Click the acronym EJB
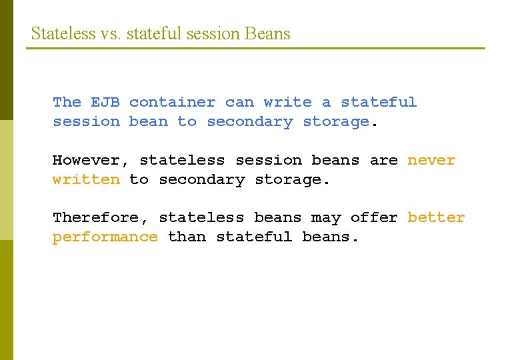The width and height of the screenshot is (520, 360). tap(105, 103)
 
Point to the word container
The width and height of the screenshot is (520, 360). tap(172, 103)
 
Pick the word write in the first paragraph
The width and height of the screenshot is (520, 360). tap(287, 103)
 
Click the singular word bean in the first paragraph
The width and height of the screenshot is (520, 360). tap(149, 122)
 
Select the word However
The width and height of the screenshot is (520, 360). tap(91, 161)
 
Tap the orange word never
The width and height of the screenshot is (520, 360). tap(431, 161)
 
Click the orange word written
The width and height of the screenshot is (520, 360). tap(86, 180)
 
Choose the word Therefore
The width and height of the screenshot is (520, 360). tap(100, 218)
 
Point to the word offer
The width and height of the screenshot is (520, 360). tap(374, 218)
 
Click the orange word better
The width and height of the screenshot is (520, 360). tap(436, 218)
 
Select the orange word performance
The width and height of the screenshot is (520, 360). tap(105, 237)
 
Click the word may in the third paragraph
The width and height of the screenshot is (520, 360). tap(326, 218)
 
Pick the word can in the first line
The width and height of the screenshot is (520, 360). tap(239, 103)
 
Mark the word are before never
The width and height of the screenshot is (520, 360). tap(383, 161)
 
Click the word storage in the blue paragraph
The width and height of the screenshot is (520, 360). tap(335, 122)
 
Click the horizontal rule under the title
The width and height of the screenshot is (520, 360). tap(256, 48)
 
